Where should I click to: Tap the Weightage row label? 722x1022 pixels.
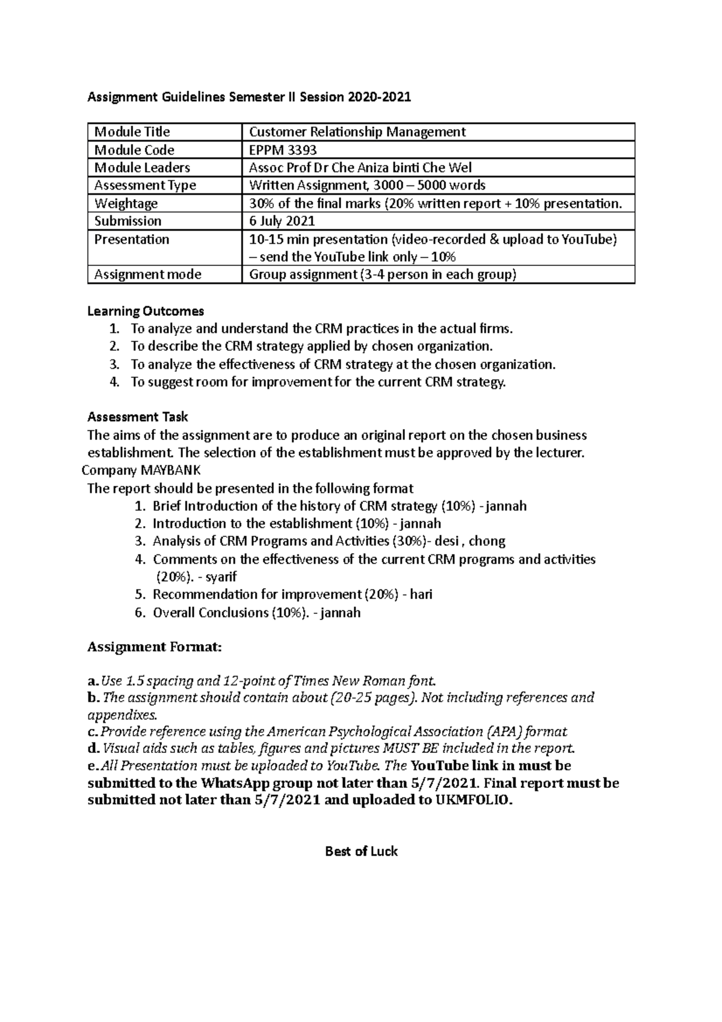(x=126, y=203)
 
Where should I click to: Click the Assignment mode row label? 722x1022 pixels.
(x=147, y=274)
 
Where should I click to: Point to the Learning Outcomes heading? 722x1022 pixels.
(x=146, y=311)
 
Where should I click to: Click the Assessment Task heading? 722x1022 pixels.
(x=138, y=417)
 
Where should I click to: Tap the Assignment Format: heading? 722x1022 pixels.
(x=155, y=647)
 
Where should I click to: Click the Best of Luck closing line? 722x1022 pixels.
(x=361, y=851)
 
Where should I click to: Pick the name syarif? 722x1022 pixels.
(x=221, y=577)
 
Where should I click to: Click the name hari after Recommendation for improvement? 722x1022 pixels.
(x=421, y=595)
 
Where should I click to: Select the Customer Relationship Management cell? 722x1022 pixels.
(x=357, y=132)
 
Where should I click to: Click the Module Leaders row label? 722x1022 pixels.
(x=142, y=167)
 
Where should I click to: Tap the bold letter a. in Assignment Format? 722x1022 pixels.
(x=92, y=682)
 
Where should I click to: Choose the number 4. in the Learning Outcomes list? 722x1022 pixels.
(x=115, y=382)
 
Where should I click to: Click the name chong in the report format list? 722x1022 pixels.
(x=487, y=541)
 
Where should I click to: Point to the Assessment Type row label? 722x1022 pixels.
(x=145, y=185)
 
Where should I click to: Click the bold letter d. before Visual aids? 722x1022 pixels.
(x=93, y=749)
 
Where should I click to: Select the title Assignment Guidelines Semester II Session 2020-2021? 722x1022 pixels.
(x=249, y=96)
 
